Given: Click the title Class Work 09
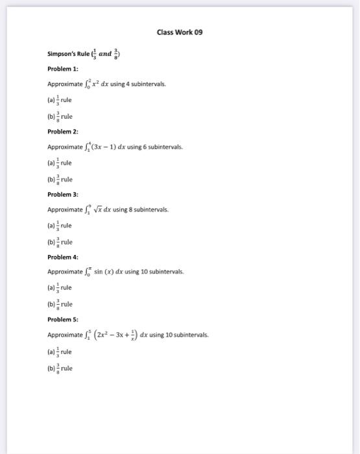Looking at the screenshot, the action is pyautogui.click(x=180, y=32).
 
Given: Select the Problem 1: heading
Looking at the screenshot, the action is pyautogui.click(x=62, y=68).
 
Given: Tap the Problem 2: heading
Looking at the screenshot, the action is pyautogui.click(x=62, y=131).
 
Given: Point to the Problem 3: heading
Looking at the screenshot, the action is pyautogui.click(x=62, y=194).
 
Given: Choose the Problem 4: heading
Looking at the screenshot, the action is pyautogui.click(x=62, y=257).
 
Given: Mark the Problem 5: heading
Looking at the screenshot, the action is pyautogui.click(x=62, y=320).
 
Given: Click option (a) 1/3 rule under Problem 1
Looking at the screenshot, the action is pyautogui.click(x=59, y=101).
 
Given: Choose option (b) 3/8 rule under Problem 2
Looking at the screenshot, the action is pyautogui.click(x=59, y=179).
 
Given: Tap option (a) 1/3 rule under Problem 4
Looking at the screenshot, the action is pyautogui.click(x=59, y=288).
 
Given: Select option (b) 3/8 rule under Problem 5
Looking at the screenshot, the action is pyautogui.click(x=59, y=368).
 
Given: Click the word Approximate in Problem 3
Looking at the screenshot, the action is pyautogui.click(x=65, y=210).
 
